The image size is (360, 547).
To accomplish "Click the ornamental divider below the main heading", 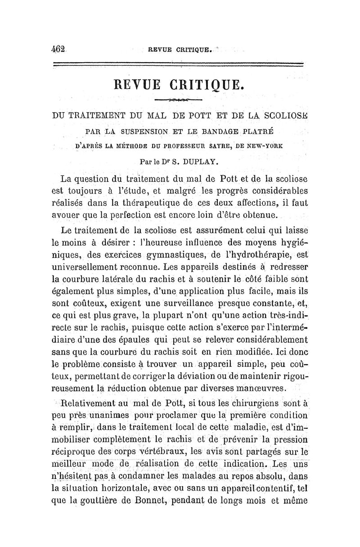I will (x=180, y=99).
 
